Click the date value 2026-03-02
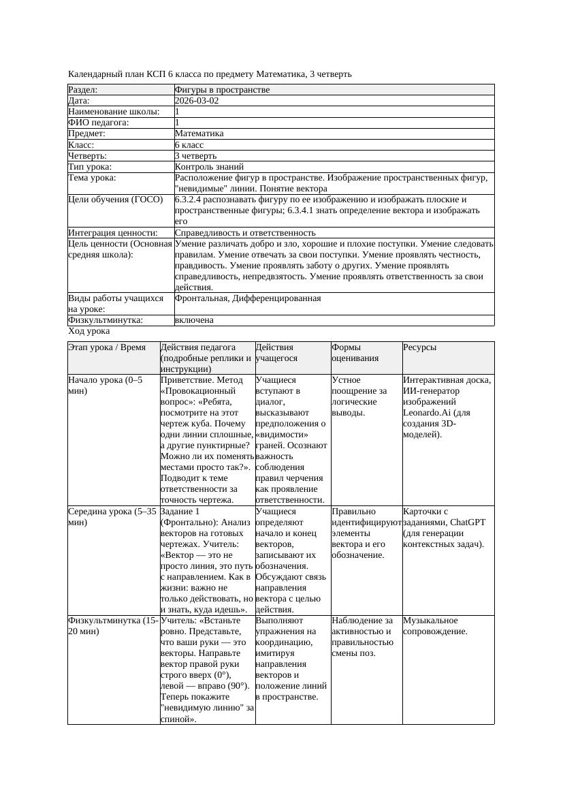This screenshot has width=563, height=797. point(197,100)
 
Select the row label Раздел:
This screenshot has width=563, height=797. point(83,89)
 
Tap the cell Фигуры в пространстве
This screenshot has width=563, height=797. point(222,89)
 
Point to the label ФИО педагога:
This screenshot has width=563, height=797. point(99,123)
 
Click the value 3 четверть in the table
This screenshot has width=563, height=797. point(196,155)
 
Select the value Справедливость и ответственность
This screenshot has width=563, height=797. point(245,232)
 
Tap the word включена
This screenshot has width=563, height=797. point(194,319)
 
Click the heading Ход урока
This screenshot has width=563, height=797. point(89,330)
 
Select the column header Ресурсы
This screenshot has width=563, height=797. point(420,347)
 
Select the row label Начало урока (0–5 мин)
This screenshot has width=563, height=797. point(106,385)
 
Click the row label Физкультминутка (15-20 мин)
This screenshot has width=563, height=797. point(112,625)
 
